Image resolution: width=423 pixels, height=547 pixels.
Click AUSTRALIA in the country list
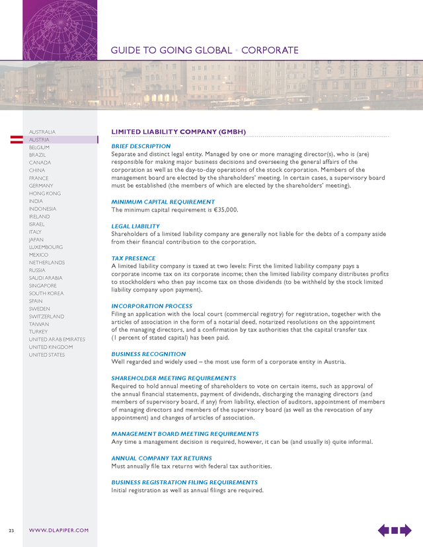[42, 132]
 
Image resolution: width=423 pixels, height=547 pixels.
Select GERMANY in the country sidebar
[41, 186]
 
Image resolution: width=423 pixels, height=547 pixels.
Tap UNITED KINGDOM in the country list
[51, 347]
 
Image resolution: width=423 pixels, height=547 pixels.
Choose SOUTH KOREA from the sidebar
[46, 293]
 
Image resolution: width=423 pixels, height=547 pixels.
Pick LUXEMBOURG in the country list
[46, 247]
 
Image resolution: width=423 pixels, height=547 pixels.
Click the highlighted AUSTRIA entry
[39, 140]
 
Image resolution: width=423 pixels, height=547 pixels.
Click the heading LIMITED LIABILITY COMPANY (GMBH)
[178, 132]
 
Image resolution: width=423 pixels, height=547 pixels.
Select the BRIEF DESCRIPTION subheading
[141, 146]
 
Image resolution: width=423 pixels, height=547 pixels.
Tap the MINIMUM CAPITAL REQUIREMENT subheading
[163, 202]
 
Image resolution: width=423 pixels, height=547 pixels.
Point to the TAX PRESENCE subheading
[134, 258]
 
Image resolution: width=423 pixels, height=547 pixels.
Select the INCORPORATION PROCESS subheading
[152, 307]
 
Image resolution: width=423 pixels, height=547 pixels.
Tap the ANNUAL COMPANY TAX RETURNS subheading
[161, 458]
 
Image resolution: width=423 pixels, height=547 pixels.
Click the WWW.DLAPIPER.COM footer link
[59, 530]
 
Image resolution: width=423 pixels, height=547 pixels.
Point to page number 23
[11, 530]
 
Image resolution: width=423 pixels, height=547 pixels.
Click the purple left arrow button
[384, 530]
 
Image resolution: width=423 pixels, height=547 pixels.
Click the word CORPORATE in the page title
[268, 50]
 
